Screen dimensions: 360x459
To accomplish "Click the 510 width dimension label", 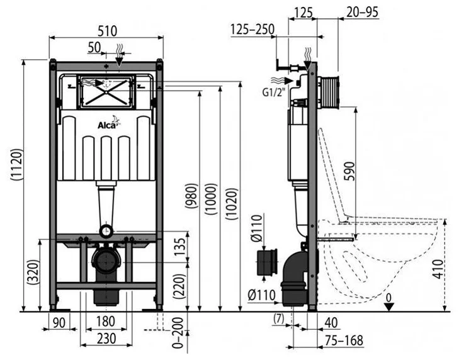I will (105, 29).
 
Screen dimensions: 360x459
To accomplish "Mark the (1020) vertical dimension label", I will (230, 200).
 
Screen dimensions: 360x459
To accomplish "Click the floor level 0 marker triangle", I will (390, 306).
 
